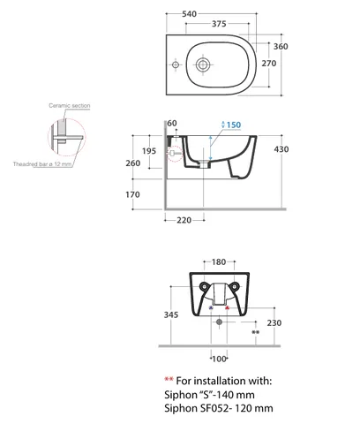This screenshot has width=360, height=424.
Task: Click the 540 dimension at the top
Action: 189,14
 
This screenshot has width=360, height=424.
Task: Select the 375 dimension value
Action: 219,24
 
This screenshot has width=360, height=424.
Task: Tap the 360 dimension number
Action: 281,47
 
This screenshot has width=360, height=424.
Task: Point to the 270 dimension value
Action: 269,64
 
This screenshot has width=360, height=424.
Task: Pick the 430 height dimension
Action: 281,149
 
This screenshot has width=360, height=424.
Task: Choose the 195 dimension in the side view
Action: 149,151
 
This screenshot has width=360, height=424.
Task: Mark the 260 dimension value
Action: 133,163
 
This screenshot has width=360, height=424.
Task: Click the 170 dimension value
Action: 132,194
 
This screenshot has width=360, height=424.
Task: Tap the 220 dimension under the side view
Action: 184,220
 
